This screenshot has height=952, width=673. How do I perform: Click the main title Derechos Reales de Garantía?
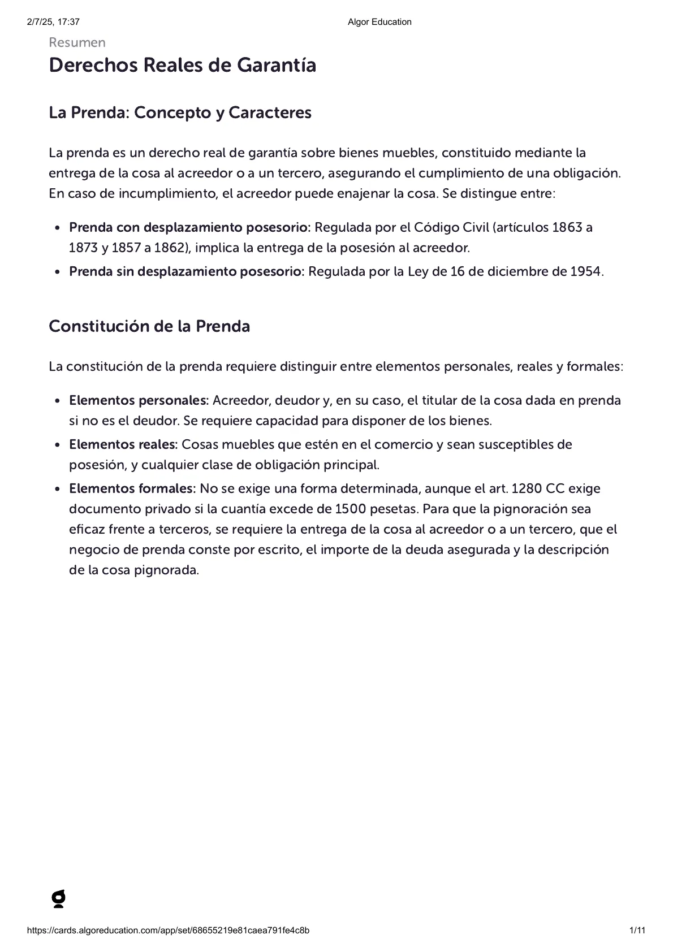click(x=182, y=66)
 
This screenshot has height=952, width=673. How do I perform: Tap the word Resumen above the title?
click(x=77, y=43)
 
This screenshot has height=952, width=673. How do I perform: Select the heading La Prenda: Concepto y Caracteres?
click(x=180, y=112)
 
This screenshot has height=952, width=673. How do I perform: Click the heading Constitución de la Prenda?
click(x=149, y=326)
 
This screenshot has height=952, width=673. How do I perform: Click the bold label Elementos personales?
click(x=139, y=400)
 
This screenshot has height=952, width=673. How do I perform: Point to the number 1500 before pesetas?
click(x=351, y=509)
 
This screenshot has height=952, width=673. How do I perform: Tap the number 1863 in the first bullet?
click(x=567, y=227)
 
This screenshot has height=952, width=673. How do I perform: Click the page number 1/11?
click(x=637, y=931)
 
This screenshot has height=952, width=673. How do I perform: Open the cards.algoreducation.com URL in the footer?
click(x=168, y=931)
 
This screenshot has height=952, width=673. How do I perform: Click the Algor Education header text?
click(x=379, y=22)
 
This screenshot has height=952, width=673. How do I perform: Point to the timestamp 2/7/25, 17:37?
click(x=53, y=22)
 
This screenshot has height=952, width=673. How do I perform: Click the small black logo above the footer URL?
click(x=58, y=899)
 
